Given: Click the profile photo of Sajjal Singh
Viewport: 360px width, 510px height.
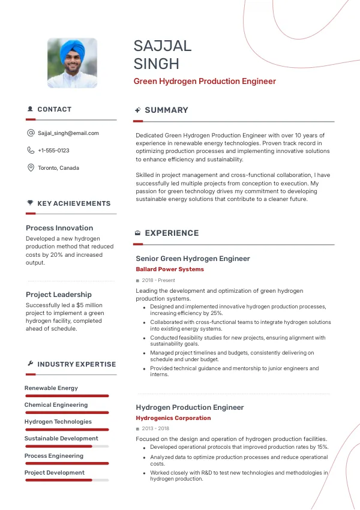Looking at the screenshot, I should [x=72, y=63].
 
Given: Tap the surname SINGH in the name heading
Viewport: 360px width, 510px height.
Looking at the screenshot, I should [x=156, y=64].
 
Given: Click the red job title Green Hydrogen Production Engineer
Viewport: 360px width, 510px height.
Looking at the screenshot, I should [x=205, y=81].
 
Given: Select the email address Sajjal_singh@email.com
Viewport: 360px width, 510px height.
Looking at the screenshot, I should [x=68, y=133].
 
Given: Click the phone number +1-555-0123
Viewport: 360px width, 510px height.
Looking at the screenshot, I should [x=53, y=151].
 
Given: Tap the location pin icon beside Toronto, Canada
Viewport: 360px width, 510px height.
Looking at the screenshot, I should [x=31, y=168].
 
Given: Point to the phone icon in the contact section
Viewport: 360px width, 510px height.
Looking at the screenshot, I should [x=31, y=151].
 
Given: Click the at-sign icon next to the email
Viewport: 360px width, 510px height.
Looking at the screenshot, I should [x=31, y=133].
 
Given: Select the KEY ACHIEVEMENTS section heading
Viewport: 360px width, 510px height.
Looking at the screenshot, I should [x=74, y=204].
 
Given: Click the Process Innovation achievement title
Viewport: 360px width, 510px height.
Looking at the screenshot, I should [x=59, y=228].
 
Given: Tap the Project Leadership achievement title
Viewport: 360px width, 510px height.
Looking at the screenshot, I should [x=59, y=295].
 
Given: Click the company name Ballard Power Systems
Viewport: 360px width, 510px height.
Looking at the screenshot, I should [x=170, y=269].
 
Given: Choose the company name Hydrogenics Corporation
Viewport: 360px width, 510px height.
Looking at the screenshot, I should [x=173, y=418].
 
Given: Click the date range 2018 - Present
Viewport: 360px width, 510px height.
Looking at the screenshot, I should [x=158, y=280].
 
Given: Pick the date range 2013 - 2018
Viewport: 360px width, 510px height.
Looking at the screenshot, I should [x=155, y=429].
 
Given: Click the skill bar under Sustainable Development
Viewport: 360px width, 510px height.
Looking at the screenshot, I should [x=66, y=446].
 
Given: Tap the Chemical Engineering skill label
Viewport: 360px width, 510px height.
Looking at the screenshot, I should [x=56, y=405].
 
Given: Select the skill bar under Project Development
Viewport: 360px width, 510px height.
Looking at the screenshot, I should [x=66, y=480].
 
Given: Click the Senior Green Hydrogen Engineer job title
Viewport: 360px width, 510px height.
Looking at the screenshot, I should [x=193, y=259].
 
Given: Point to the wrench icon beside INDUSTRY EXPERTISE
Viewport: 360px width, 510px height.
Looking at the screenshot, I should [x=30, y=364].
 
